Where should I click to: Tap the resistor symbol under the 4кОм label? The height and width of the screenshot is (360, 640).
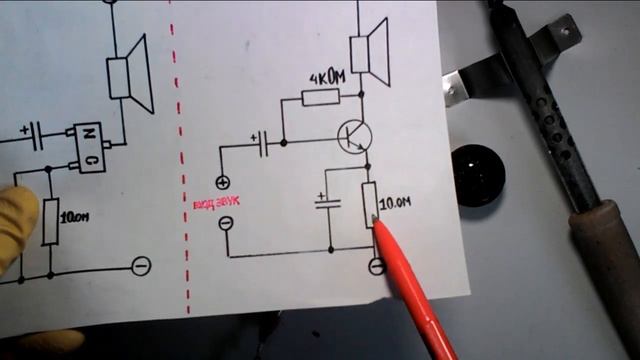tap(320, 97)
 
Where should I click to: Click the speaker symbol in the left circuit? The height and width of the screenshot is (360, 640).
tap(129, 72)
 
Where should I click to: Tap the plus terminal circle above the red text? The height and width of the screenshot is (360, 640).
tap(222, 182)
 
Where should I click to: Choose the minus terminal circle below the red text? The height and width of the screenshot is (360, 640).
tap(225, 222)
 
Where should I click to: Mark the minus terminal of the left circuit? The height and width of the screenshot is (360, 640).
tap(142, 266)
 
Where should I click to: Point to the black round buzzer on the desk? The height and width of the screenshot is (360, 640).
tap(478, 174)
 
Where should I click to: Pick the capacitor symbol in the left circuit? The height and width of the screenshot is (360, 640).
tap(36, 131)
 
